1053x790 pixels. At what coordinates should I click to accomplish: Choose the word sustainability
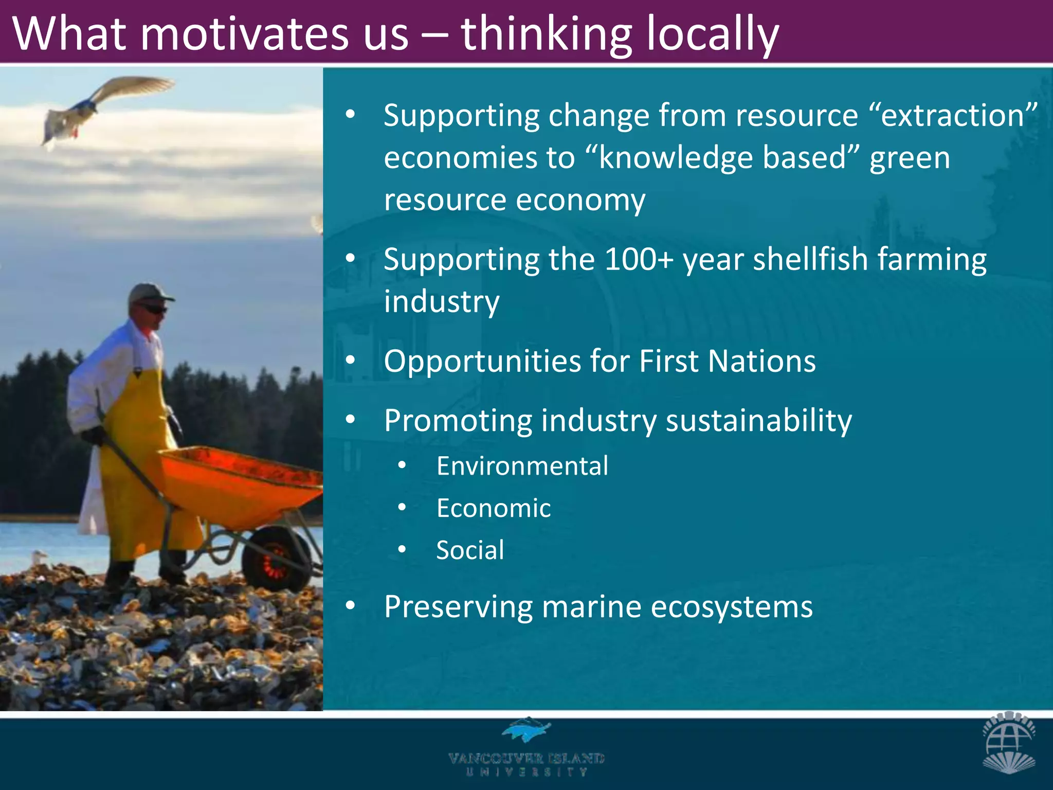tap(759, 421)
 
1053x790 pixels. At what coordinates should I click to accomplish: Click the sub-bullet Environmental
tap(522, 466)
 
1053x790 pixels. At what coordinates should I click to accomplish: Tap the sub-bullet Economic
tap(494, 508)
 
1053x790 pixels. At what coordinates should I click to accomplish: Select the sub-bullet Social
tap(470, 550)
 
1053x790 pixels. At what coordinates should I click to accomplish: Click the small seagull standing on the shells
tap(38, 559)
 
